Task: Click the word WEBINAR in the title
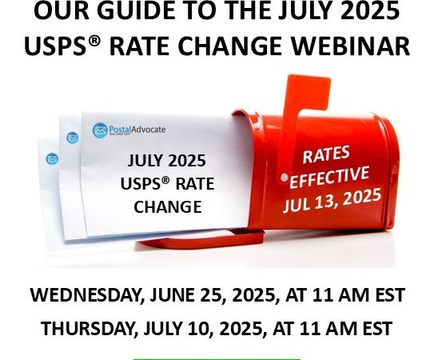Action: [350, 46]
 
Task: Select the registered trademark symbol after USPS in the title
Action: [95, 41]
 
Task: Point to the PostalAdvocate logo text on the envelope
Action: [137, 130]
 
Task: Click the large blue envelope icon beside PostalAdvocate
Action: [100, 130]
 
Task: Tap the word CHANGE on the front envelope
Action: [168, 206]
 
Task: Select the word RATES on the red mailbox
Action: [326, 154]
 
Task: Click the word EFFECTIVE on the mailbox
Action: [329, 177]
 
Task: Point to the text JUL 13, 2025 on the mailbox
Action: [332, 200]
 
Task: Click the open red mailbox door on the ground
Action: [200, 239]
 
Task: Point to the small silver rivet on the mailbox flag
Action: [285, 178]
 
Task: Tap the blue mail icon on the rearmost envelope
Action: [52, 159]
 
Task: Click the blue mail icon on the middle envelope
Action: [73, 138]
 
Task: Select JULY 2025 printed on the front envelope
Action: [167, 161]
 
